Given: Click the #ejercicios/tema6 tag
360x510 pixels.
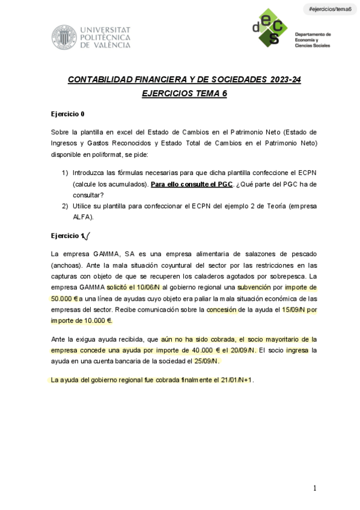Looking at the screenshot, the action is point(329,9).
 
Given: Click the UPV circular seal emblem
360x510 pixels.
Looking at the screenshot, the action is point(63,37).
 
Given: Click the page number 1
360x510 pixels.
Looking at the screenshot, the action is point(314,488).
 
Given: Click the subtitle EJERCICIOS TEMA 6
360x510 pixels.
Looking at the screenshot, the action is point(184,94).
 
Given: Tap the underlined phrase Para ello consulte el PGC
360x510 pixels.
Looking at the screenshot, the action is point(191,183).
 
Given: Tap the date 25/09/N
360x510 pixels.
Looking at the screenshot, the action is point(204,361).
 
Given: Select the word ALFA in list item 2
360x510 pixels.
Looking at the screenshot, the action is point(82,217).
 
